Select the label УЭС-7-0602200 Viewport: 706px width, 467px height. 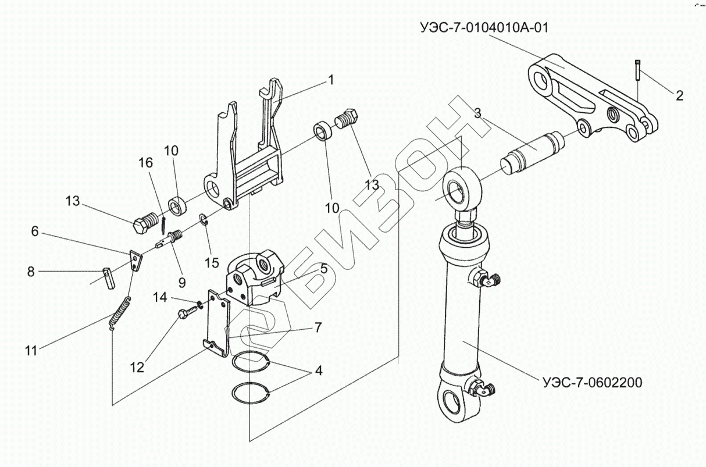click(x=591, y=383)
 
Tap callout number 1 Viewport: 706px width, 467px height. click(x=331, y=80)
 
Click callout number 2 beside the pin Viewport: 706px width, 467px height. click(x=679, y=95)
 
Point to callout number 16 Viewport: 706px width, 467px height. click(x=145, y=163)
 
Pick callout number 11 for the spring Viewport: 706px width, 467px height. click(x=31, y=350)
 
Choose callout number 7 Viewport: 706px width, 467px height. click(x=318, y=327)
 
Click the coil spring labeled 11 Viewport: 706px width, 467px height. click(x=120, y=314)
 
